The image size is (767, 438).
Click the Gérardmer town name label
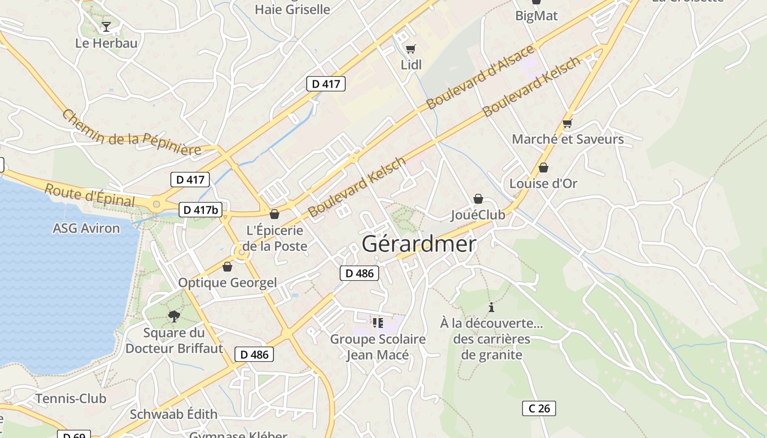[419, 244]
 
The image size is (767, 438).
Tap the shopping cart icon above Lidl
[411, 49]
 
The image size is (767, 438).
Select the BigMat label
[536, 16]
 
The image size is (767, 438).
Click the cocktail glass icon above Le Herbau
[106, 26]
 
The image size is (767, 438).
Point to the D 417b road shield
[201, 210]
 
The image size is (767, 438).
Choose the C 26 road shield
[539, 408]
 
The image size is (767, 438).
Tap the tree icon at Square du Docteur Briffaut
[174, 316]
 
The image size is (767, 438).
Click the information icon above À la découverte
[491, 307]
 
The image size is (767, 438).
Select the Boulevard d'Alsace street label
[480, 77]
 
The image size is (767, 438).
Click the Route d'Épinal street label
[89, 195]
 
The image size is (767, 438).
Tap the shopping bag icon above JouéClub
[478, 199]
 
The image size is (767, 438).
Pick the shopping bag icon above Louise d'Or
[543, 168]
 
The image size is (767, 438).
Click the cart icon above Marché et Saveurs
[567, 124]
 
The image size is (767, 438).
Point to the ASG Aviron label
[86, 228]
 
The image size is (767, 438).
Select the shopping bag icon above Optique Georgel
[227, 267]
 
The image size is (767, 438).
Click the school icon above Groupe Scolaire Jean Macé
[377, 322]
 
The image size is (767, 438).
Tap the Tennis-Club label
[71, 399]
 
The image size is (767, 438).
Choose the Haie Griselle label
[293, 9]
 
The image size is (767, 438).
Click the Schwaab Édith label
[174, 414]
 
